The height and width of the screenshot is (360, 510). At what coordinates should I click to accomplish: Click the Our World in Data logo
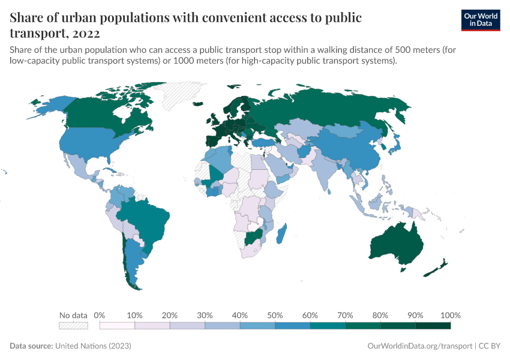(x=480, y=20)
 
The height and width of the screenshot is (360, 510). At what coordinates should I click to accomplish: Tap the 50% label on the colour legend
(x=275, y=315)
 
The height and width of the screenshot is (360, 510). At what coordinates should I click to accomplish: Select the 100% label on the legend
(x=450, y=315)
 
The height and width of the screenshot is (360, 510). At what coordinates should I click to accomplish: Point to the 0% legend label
(x=100, y=315)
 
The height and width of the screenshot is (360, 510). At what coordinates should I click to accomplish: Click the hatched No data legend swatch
(x=73, y=326)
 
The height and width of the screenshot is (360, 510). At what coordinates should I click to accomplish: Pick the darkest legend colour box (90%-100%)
(x=433, y=326)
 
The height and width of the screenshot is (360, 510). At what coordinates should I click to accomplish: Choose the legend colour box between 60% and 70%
(x=328, y=326)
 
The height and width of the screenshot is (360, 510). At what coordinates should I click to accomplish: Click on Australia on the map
(x=396, y=243)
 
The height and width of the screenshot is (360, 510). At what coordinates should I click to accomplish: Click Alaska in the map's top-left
(x=48, y=107)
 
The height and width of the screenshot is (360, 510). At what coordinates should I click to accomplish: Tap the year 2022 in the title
(x=85, y=34)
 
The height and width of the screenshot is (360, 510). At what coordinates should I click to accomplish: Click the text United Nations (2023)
(x=93, y=346)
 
